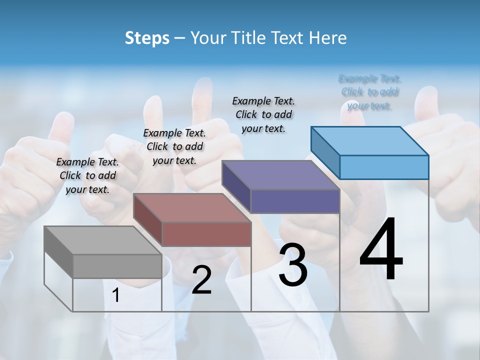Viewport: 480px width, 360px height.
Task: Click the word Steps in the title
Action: (147, 38)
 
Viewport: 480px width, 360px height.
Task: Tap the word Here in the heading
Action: (328, 38)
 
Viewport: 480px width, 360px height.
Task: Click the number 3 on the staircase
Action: (293, 265)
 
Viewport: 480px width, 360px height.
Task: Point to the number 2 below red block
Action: (201, 280)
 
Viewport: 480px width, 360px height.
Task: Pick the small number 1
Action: (116, 295)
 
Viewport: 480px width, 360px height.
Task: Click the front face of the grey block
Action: (117, 266)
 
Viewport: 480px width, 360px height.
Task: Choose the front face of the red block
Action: (206, 234)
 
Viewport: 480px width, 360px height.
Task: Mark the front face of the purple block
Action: (295, 201)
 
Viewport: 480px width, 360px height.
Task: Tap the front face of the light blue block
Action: (384, 167)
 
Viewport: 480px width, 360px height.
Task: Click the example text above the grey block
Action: (87, 175)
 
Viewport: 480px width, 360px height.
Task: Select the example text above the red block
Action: (174, 146)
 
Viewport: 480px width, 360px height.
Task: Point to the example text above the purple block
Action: (263, 114)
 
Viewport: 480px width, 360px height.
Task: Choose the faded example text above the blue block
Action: (369, 92)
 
